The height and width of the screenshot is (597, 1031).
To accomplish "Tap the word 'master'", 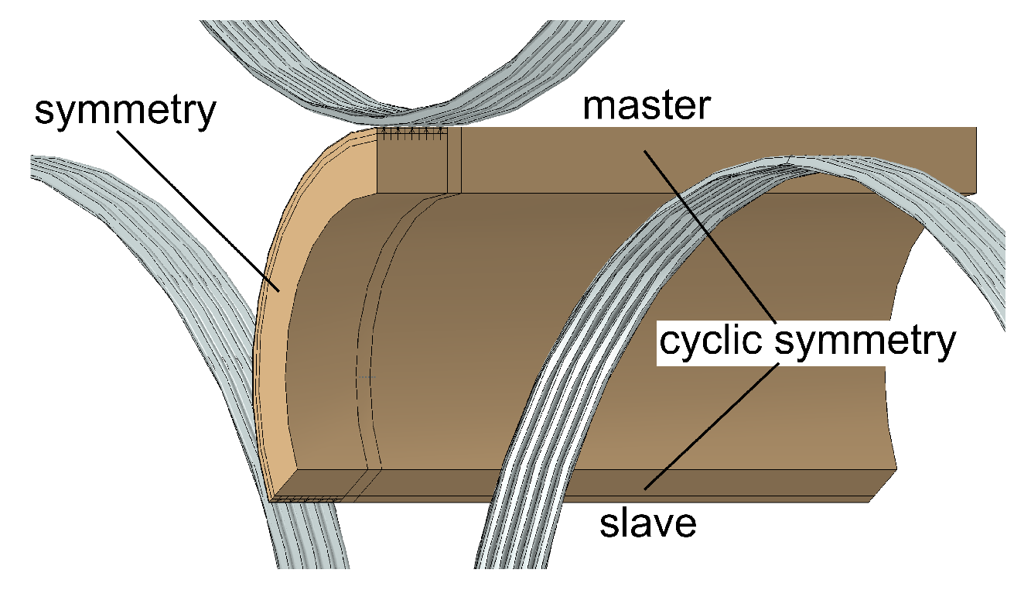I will (646, 105).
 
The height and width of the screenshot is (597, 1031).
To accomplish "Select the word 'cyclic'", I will (712, 341).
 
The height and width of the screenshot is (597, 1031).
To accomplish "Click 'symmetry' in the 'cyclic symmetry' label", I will (864, 341).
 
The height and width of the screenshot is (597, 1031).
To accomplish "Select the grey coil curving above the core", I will (348, 70).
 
